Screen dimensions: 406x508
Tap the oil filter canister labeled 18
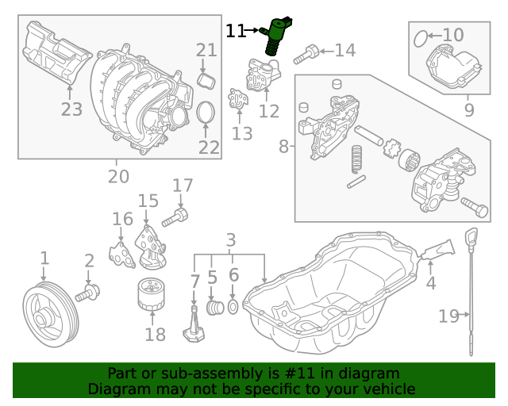click(x=150, y=298)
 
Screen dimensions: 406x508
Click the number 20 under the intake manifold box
click(x=118, y=177)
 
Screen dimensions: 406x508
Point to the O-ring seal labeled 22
click(x=206, y=113)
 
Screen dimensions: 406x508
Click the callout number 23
click(x=71, y=109)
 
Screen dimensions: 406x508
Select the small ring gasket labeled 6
click(x=233, y=307)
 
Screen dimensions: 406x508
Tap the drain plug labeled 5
click(x=213, y=307)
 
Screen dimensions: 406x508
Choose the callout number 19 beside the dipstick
click(x=449, y=316)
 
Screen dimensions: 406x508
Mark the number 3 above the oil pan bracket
click(x=231, y=239)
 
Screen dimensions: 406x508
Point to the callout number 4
click(x=431, y=282)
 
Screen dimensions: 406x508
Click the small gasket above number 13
click(x=237, y=101)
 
